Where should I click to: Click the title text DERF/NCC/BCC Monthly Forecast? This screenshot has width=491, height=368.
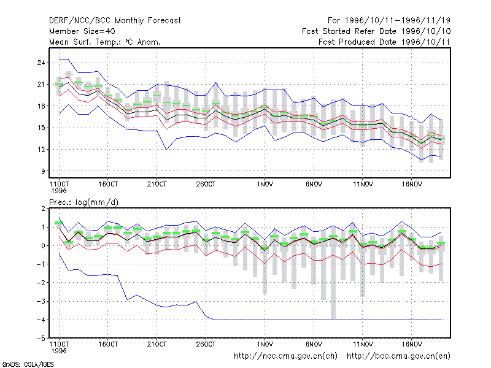point(115,21)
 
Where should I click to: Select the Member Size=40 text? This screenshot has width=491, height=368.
point(82,31)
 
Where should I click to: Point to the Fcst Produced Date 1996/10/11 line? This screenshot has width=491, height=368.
point(384,42)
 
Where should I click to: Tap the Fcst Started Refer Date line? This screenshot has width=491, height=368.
point(376,31)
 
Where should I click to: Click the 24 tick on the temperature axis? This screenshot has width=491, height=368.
point(41,63)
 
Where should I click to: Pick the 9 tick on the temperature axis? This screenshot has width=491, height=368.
point(43,171)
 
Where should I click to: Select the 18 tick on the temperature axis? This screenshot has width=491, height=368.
point(41,106)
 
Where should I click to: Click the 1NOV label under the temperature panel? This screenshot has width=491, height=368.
point(265,185)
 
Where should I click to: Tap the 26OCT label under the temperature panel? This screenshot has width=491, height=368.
point(206,185)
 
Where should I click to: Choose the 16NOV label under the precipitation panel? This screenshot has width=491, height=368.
point(411,344)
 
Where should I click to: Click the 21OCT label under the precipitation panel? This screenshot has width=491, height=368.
point(157,344)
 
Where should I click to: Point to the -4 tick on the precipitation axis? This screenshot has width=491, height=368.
point(41,320)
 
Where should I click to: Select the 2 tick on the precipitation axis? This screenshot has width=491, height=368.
point(43,209)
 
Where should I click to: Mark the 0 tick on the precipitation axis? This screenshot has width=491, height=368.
point(43,246)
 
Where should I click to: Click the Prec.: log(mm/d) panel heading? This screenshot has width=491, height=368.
point(84,202)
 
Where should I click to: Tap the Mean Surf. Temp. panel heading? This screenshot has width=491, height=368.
point(105,42)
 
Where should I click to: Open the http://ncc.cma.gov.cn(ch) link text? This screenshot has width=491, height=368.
point(285,356)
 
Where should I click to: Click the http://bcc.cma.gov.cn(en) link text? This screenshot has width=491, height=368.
point(398,356)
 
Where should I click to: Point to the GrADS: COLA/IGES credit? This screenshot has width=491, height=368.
point(28,364)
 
